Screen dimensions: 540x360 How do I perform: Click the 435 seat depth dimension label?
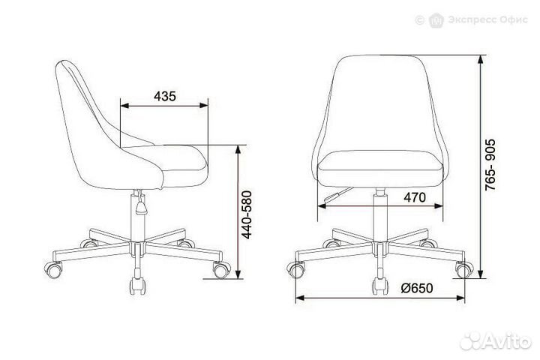[x=164, y=96]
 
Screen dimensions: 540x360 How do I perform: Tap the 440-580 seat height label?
[x=247, y=214]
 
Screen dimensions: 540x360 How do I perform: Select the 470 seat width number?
[x=415, y=197]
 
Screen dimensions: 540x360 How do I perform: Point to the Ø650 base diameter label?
[x=417, y=288]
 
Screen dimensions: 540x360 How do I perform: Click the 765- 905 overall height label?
[x=490, y=165]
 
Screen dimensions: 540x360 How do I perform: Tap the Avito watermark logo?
[x=495, y=341]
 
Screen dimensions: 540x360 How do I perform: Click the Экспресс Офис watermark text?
[x=487, y=19]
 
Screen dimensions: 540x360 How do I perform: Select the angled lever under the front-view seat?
[x=338, y=195]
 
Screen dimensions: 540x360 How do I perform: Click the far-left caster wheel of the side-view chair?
[x=54, y=269]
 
